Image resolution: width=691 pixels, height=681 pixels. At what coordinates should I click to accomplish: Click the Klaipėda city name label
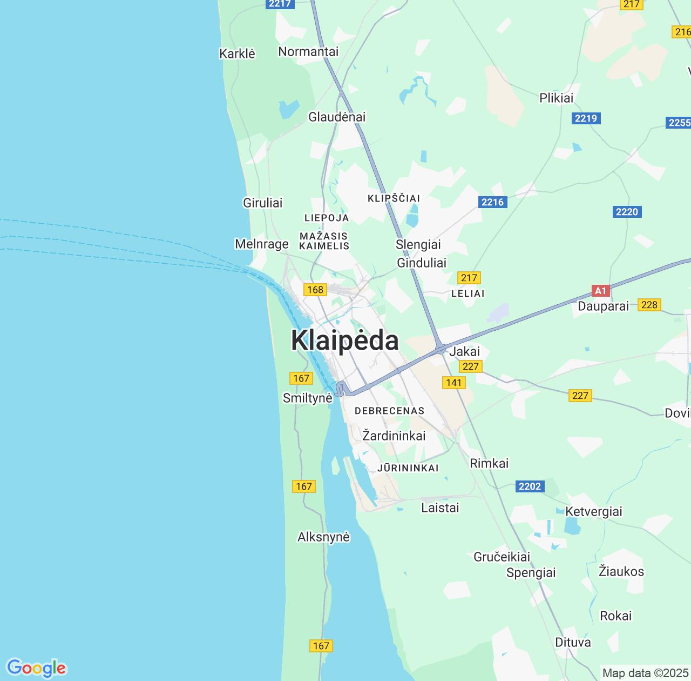[x=345, y=340]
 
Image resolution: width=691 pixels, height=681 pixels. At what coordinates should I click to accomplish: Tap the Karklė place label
[x=237, y=54]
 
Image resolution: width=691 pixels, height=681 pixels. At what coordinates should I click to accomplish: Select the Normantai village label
[x=308, y=51]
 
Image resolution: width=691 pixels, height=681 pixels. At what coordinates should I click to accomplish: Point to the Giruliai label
[x=263, y=203]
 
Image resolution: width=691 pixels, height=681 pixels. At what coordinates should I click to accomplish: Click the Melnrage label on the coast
[x=262, y=244]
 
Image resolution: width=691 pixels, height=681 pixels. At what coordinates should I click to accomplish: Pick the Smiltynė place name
[x=308, y=398]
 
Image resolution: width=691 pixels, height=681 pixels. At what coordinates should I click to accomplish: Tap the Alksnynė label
[x=323, y=537]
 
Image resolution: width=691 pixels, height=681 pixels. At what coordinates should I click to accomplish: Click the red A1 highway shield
[x=600, y=291]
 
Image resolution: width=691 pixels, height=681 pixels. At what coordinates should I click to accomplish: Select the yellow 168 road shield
[x=315, y=290]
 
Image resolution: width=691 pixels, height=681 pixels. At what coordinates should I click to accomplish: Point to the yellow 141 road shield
[x=453, y=383]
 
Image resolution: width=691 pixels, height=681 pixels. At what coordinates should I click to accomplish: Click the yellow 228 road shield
[x=649, y=305]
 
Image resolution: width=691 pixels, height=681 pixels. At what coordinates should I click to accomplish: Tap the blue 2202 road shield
[x=529, y=486]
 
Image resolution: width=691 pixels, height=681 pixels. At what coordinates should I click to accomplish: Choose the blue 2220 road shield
[x=627, y=211]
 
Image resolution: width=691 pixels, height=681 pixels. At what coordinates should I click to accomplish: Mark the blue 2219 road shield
[x=586, y=118]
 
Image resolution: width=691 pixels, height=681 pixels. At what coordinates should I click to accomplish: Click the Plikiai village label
[x=557, y=98]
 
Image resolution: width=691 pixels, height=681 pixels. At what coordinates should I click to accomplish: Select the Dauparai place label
[x=603, y=306]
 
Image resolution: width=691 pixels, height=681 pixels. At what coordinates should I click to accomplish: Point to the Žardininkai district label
[x=394, y=436]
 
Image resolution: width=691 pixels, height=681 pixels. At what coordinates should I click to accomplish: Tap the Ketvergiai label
[x=594, y=511]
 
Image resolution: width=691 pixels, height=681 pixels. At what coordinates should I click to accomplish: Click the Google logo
[x=36, y=668]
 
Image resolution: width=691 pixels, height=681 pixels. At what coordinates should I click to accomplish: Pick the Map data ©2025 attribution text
[x=646, y=673]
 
